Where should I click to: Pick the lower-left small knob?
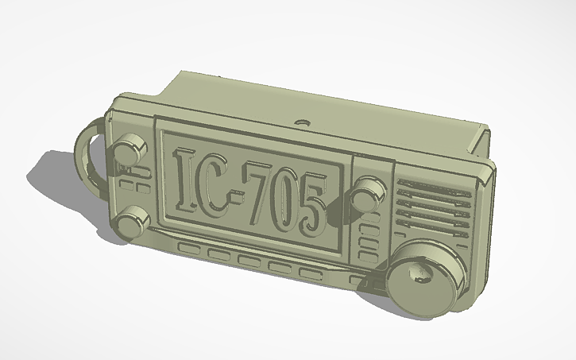point(134,219)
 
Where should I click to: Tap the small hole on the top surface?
point(301,123)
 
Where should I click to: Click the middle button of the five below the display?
point(249,261)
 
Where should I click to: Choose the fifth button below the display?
point(311,273)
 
